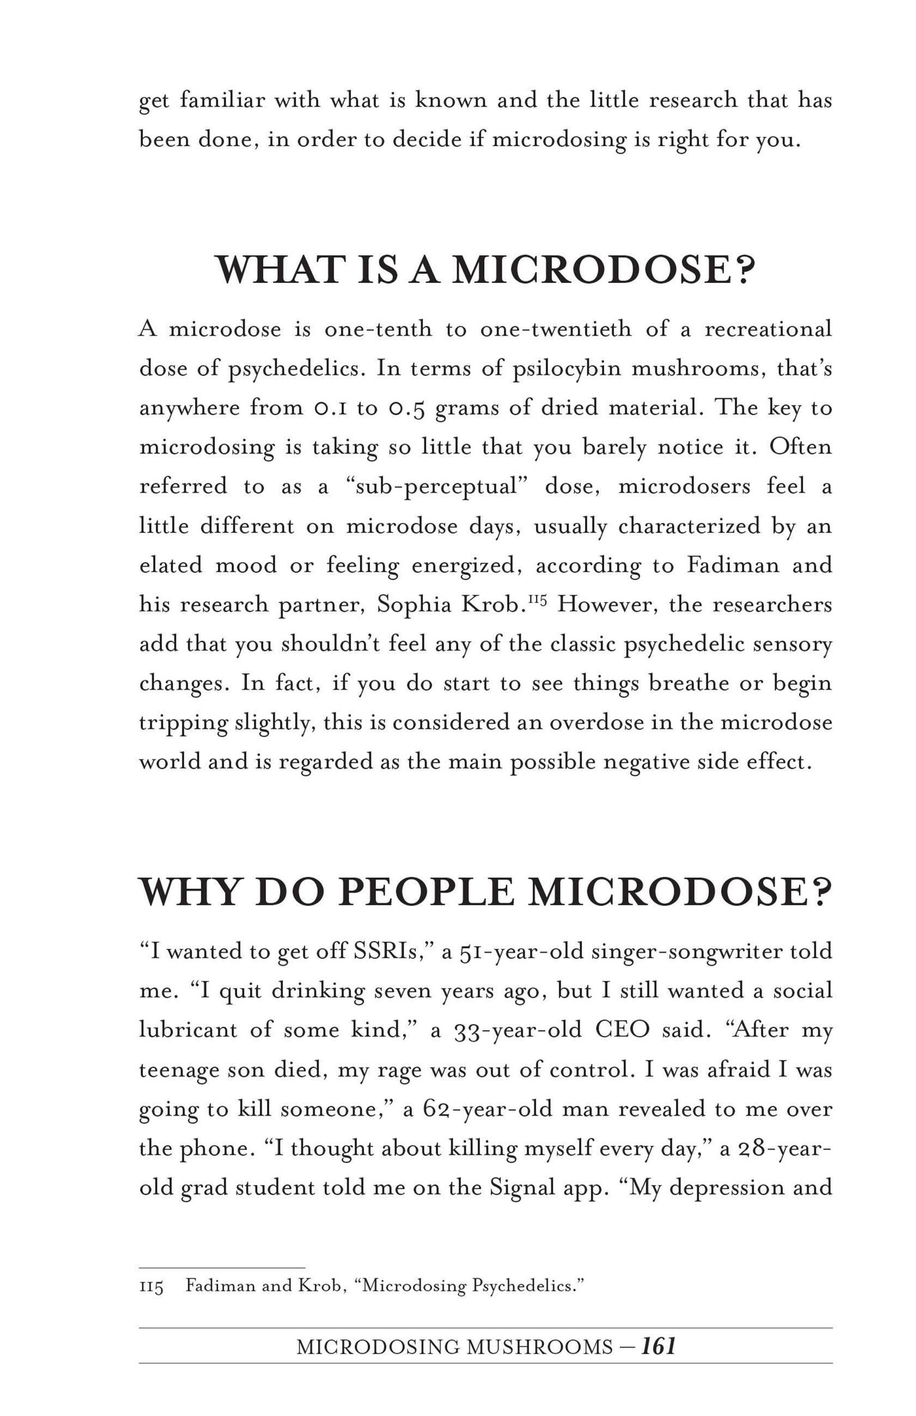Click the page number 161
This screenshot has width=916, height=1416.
pyautogui.click(x=658, y=1346)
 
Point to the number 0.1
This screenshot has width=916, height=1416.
pyautogui.click(x=329, y=408)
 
